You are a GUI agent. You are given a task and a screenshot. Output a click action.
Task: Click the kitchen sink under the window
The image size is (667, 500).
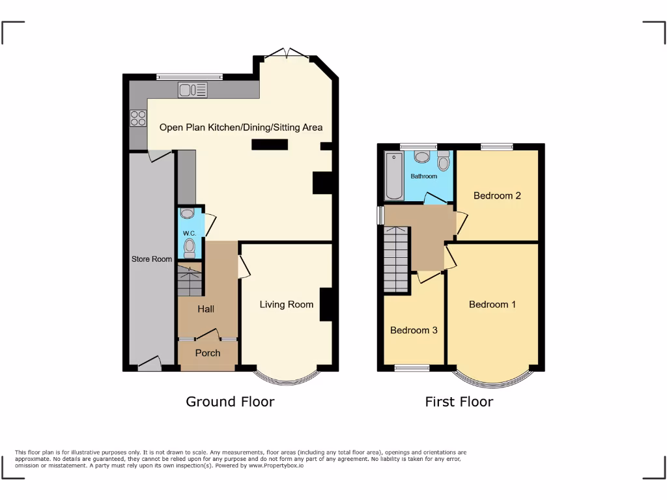[192, 90]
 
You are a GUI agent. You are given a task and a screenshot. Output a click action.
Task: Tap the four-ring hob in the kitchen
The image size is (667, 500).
[138, 118]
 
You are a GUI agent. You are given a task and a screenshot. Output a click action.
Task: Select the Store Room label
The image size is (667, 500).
[152, 259]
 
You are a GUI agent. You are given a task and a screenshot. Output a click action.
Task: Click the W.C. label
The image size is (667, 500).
[190, 233]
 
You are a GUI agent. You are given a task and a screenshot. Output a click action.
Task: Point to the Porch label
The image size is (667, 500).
[208, 353]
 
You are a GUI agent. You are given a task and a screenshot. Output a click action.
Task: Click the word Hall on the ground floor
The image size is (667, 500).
[206, 309]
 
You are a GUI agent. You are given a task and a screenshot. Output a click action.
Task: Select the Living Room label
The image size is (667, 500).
[286, 304]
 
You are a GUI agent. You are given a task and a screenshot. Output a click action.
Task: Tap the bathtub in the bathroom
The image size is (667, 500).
[393, 175]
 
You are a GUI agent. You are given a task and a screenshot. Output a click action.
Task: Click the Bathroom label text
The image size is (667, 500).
[423, 176]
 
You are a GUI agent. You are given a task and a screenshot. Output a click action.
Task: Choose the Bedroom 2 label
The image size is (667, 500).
[497, 195]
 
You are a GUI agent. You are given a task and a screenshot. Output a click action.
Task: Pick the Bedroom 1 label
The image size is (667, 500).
[492, 304]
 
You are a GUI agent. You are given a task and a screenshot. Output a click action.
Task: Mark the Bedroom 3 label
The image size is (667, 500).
[414, 330]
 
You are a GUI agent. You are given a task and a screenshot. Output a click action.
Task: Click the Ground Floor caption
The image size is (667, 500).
[230, 402]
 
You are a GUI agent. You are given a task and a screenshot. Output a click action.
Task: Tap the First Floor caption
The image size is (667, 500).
[459, 402]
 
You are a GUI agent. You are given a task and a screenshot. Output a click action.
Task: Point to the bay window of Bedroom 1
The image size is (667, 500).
[492, 380]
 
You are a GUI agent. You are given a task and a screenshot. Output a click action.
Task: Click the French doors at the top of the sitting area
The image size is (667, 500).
[286, 55]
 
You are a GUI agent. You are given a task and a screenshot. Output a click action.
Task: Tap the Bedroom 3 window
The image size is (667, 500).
[412, 368]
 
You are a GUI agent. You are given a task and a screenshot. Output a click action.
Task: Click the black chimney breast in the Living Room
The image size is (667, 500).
[326, 304]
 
